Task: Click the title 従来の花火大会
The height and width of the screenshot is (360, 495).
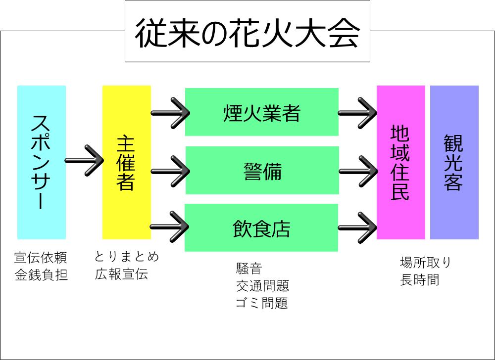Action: tap(247, 32)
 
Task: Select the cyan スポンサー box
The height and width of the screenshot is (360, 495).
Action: tap(42, 162)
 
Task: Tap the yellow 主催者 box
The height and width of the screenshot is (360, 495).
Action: tap(126, 162)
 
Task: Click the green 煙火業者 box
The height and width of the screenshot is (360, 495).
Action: tap(261, 112)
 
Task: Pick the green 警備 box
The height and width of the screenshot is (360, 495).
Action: tap(262, 171)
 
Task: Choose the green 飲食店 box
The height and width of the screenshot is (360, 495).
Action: tap(261, 228)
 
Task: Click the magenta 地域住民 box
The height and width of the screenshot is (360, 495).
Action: tap(400, 162)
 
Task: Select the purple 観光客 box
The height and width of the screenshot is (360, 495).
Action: tap(454, 162)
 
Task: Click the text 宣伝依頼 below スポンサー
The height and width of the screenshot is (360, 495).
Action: tap(41, 258)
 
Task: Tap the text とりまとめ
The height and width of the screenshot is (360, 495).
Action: tap(127, 257)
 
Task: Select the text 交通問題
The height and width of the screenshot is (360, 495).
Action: tap(262, 286)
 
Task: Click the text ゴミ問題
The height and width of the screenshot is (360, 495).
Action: tap(262, 303)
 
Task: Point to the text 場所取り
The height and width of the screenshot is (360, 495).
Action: tap(426, 263)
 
